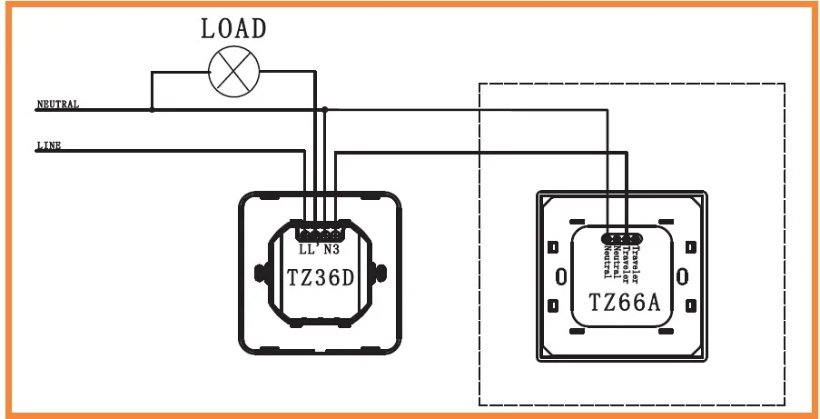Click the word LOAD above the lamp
pos(233,28)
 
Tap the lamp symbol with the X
pos(234,72)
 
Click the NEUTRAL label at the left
pos(58,105)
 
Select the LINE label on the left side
pos(49,145)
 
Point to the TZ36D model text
pos(321,278)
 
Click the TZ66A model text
pos(625,303)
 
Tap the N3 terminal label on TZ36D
pos(331,250)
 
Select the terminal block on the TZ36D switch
pos(320,231)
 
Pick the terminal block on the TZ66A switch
pos(622,239)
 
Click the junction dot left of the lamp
pos(153,109)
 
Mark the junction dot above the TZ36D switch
pos(325,109)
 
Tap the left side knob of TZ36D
pos(260,273)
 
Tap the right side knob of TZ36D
pos(380,273)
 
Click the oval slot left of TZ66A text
pos(560,276)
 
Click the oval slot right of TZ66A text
pos(682,276)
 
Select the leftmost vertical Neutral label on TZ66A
pos(608,262)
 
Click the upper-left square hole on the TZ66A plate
pos(552,246)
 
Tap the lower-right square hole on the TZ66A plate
pos(691,305)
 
